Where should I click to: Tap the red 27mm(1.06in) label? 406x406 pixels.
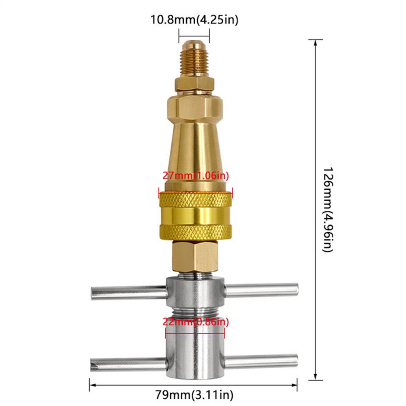click(x=196, y=176)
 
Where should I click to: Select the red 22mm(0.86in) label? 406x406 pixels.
click(x=195, y=322)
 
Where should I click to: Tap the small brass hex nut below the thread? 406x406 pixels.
click(x=194, y=84)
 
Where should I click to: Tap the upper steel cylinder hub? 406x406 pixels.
click(x=195, y=292)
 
